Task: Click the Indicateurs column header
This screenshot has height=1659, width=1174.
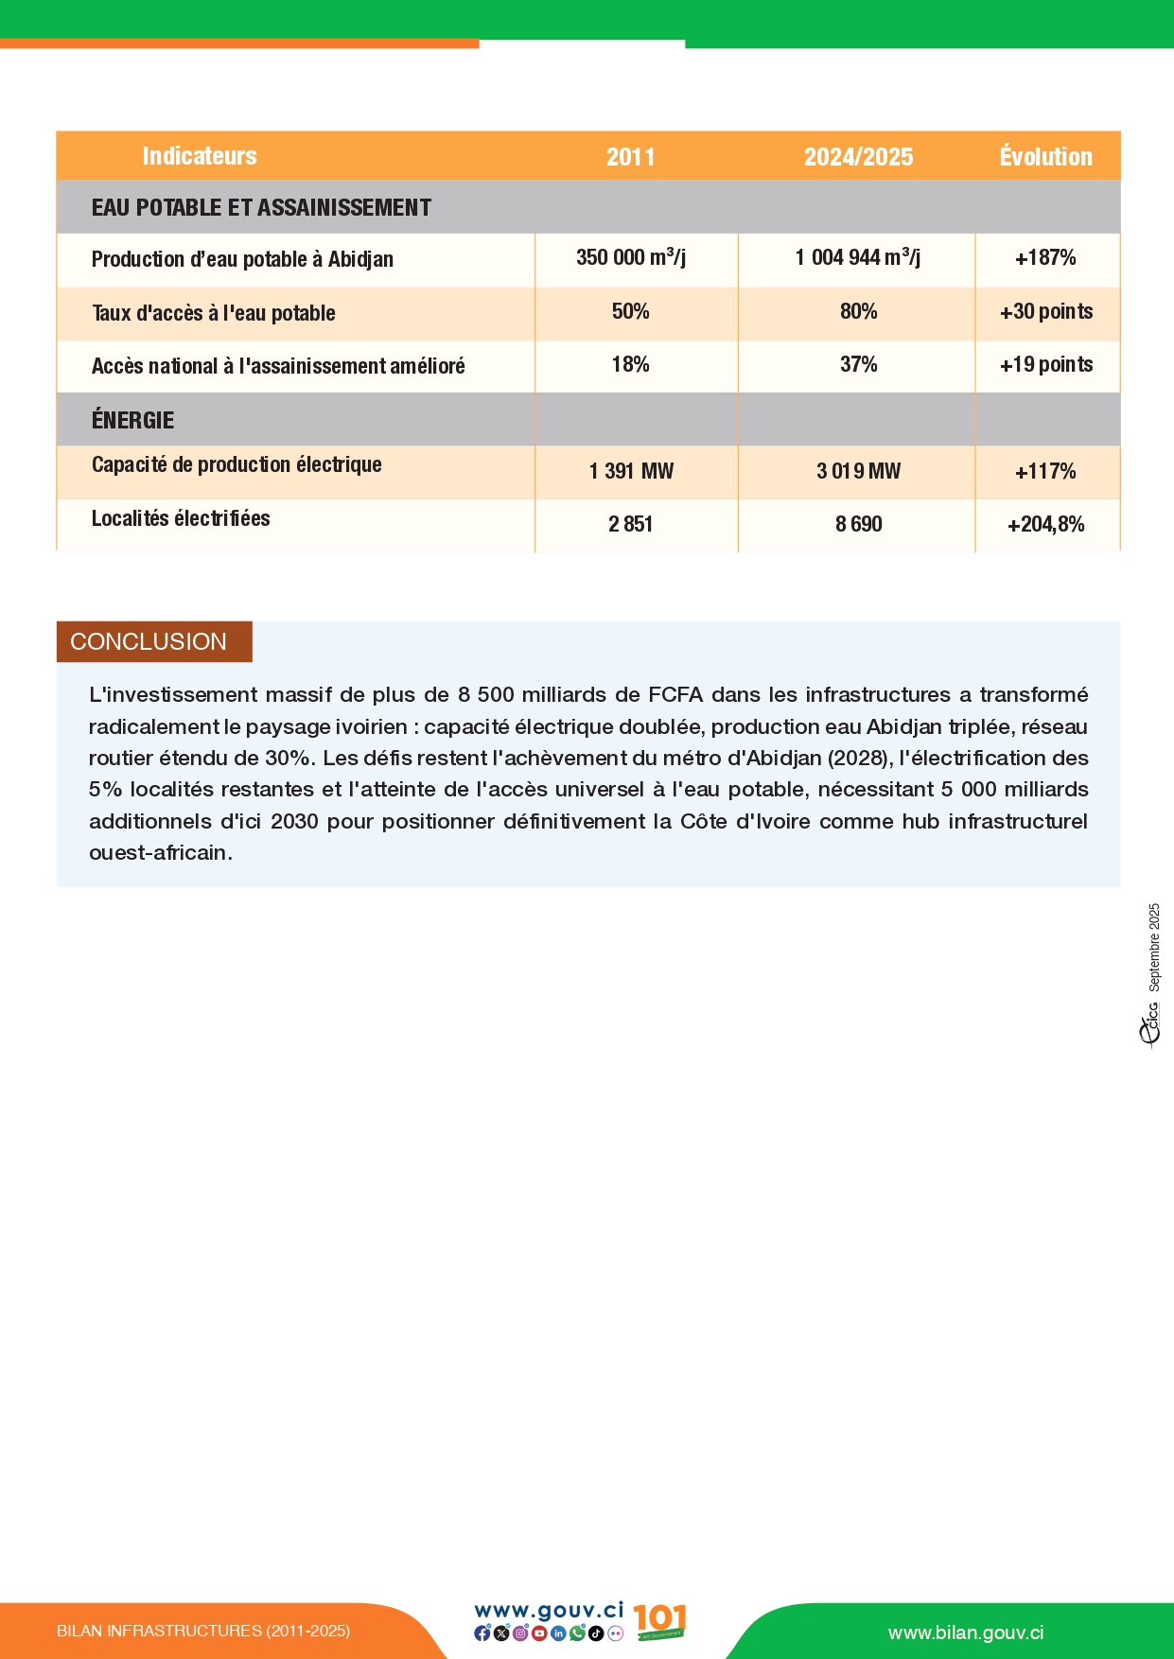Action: (200, 156)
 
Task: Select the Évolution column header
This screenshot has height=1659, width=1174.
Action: (1045, 157)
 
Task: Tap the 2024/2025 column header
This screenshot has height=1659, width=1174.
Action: (858, 157)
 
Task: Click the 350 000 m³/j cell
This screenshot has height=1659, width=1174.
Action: (631, 257)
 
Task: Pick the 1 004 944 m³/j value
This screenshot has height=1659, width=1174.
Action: (857, 257)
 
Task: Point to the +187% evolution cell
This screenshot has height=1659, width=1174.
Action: (1045, 258)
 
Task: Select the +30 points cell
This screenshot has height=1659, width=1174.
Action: (1045, 312)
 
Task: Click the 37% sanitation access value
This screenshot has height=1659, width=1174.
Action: (858, 365)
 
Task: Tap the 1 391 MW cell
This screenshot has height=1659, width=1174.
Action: (631, 471)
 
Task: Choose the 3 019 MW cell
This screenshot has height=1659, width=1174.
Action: (858, 471)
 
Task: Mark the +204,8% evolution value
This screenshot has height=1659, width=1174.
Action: (1045, 525)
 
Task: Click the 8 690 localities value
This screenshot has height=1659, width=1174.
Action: (858, 525)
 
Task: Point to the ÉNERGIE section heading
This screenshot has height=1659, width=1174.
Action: (133, 420)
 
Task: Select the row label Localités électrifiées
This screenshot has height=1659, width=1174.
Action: (181, 518)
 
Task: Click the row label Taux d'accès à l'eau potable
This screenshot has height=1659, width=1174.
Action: (214, 313)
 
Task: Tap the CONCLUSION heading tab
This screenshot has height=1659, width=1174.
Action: (149, 641)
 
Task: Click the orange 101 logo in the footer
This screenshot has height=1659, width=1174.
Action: (659, 1621)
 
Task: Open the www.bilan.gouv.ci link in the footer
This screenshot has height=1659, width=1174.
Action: (966, 1633)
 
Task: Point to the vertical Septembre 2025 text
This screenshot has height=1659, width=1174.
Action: (1154, 947)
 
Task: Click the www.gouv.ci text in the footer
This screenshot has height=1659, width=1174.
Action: (549, 1610)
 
